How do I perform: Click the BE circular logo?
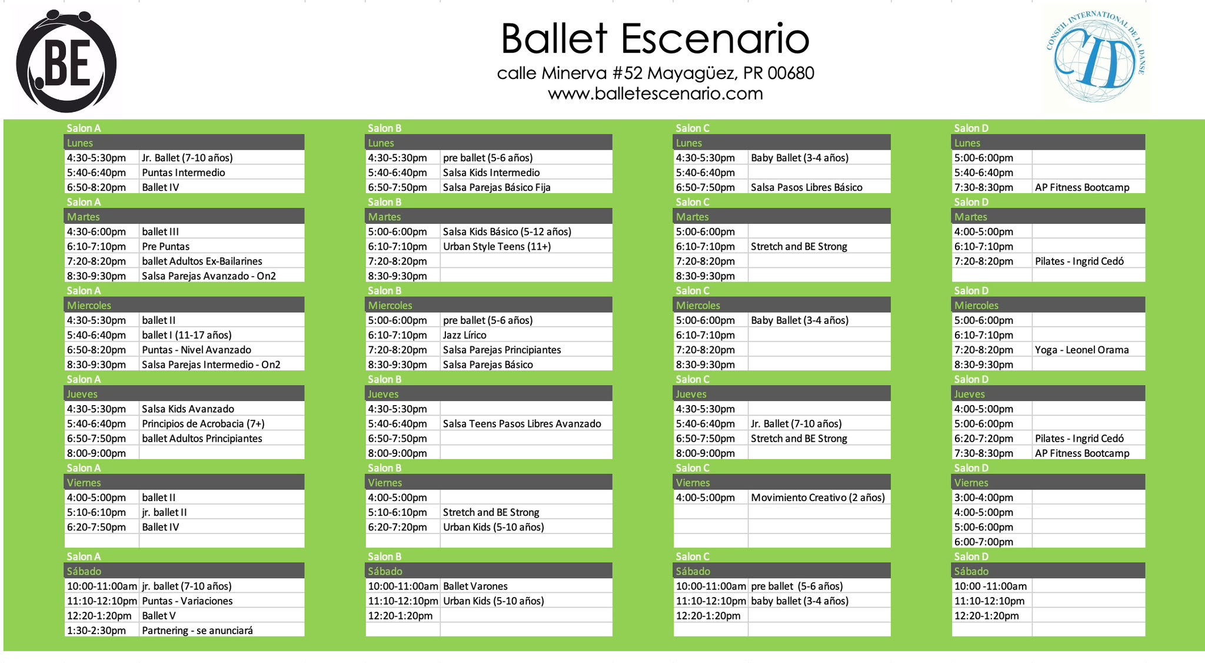pyautogui.click(x=66, y=61)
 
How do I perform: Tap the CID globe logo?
pyautogui.click(x=1096, y=58)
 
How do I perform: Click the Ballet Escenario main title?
pyautogui.click(x=655, y=39)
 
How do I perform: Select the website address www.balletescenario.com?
pyautogui.click(x=655, y=94)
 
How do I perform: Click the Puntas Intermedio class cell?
pyautogui.click(x=222, y=173)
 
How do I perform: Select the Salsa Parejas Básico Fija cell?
pyautogui.click(x=526, y=187)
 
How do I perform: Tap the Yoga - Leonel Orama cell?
pyautogui.click(x=1089, y=350)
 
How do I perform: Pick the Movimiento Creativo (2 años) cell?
pyautogui.click(x=819, y=498)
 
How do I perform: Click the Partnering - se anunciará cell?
pyautogui.click(x=222, y=631)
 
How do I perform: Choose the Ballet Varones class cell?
pyautogui.click(x=526, y=586)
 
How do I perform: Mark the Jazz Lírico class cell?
pyautogui.click(x=526, y=335)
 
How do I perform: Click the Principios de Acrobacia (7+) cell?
pyautogui.click(x=222, y=424)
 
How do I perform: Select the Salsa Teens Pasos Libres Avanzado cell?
pyautogui.click(x=526, y=424)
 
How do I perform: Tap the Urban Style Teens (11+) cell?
pyautogui.click(x=526, y=247)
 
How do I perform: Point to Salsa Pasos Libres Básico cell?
pyautogui.click(x=819, y=187)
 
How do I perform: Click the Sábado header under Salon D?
pyautogui.click(x=1048, y=571)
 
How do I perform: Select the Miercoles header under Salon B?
pyautogui.click(x=489, y=305)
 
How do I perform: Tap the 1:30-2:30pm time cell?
pyautogui.click(x=102, y=631)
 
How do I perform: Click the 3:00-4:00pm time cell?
pyautogui.click(x=992, y=498)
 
